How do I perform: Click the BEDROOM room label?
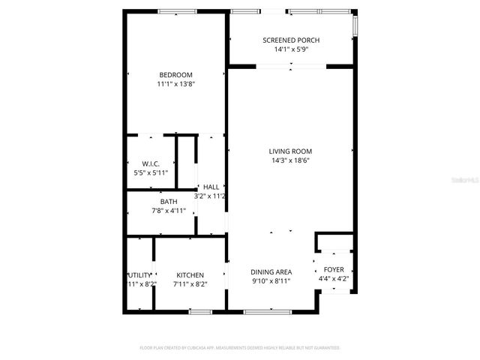(175, 74)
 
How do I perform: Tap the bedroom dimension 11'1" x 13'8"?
(175, 84)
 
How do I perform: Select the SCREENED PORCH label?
(292, 40)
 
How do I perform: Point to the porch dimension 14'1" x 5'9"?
(292, 49)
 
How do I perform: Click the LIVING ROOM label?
(290, 151)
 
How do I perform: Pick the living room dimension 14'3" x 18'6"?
(290, 160)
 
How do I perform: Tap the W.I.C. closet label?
(151, 163)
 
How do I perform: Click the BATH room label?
(169, 201)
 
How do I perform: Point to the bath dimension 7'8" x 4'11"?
(169, 211)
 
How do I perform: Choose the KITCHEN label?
(190, 275)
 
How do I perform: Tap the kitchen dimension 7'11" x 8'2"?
(190, 284)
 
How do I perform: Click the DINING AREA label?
(271, 271)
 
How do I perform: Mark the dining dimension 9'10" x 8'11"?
(271, 281)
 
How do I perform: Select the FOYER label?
(334, 269)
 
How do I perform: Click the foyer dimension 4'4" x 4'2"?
(334, 279)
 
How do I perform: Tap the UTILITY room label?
(139, 275)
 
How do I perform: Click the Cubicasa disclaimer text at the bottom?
(240, 348)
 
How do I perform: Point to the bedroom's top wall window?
(178, 11)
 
